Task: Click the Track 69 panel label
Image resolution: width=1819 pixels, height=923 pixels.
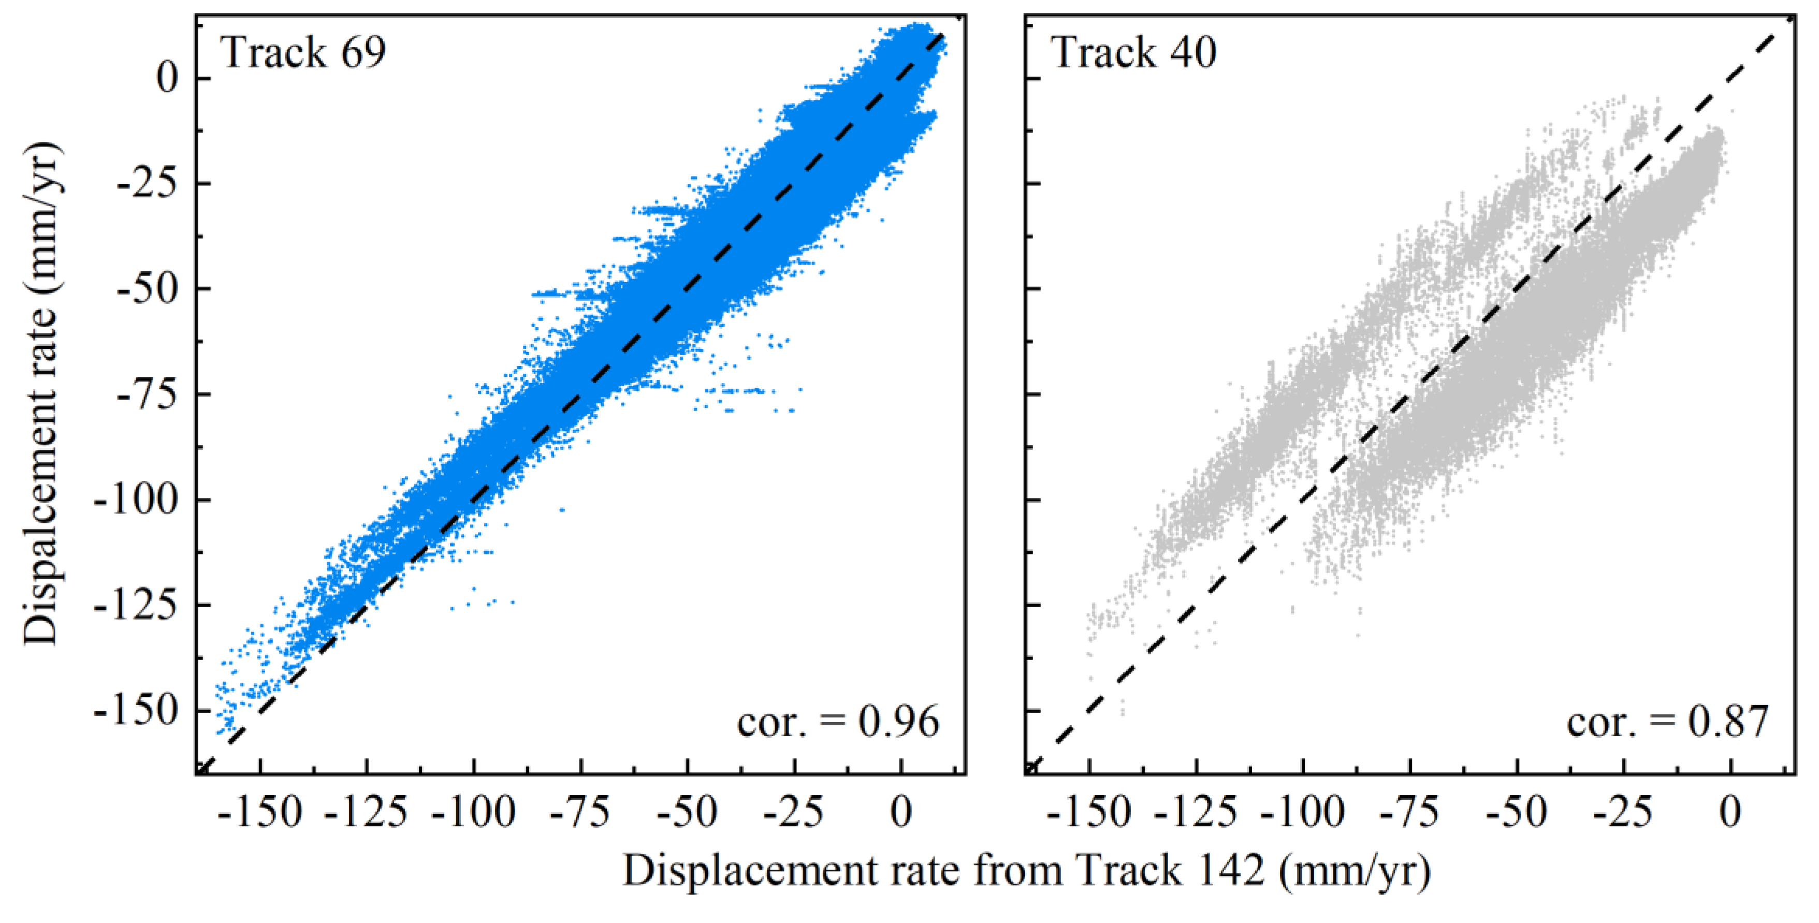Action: click(x=303, y=52)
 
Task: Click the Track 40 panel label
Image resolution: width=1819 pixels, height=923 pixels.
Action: click(x=1134, y=52)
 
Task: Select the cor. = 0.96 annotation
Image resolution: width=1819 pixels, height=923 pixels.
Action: click(x=838, y=722)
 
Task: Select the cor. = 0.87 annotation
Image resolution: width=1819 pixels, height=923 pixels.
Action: click(x=1668, y=722)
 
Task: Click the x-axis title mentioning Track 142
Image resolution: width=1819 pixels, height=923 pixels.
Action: click(x=1027, y=870)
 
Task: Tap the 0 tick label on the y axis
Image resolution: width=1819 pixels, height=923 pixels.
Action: click(x=167, y=78)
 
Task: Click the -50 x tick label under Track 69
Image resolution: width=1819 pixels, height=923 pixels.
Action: click(x=687, y=812)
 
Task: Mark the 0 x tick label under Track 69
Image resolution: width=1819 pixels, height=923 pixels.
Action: click(x=901, y=812)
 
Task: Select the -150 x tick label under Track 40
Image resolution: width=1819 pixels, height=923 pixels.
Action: click(x=1089, y=812)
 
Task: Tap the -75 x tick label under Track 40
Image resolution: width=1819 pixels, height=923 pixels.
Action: click(x=1409, y=812)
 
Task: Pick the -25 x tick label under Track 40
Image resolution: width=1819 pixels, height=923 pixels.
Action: click(x=1623, y=812)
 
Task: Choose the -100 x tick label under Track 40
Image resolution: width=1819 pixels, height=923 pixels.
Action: click(x=1303, y=812)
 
